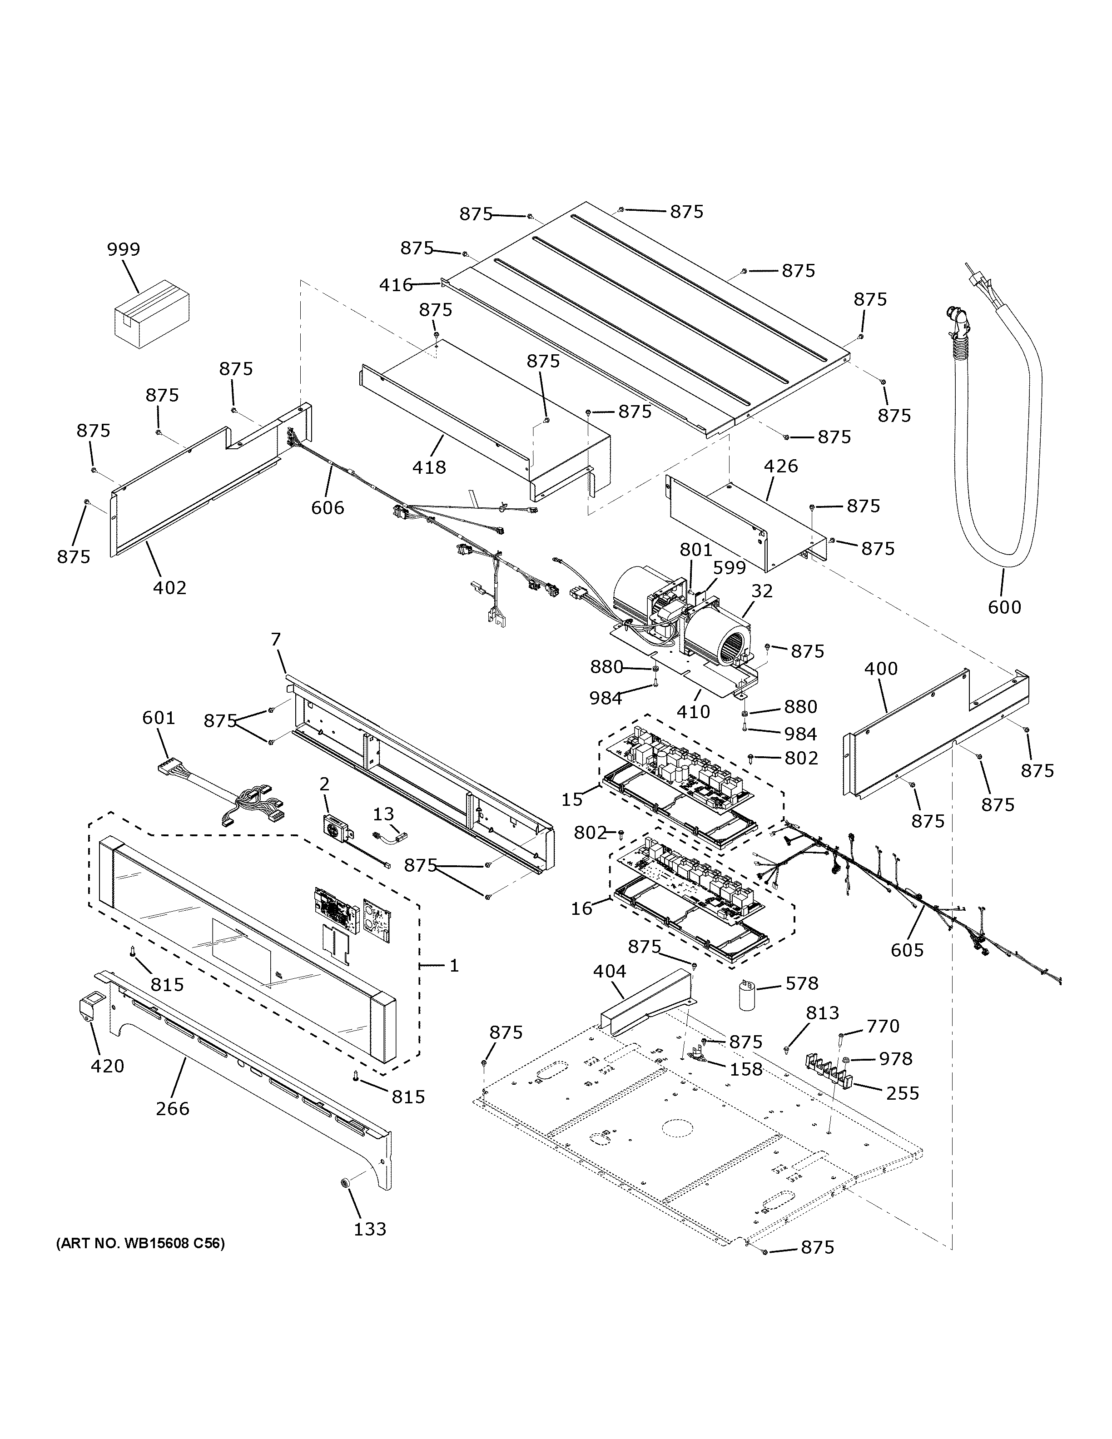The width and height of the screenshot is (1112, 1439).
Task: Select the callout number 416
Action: [x=395, y=285]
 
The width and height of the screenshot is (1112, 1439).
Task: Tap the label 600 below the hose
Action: [x=1004, y=606]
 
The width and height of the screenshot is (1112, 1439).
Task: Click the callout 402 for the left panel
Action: [x=169, y=587]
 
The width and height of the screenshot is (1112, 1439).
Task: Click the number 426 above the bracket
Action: [x=781, y=466]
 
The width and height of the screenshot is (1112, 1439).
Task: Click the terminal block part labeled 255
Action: [x=827, y=1072]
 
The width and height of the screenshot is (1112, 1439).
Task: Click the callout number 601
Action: [x=159, y=718]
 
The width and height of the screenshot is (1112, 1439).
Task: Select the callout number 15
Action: [x=572, y=799]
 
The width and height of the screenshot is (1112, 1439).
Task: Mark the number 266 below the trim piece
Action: [x=173, y=1108]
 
